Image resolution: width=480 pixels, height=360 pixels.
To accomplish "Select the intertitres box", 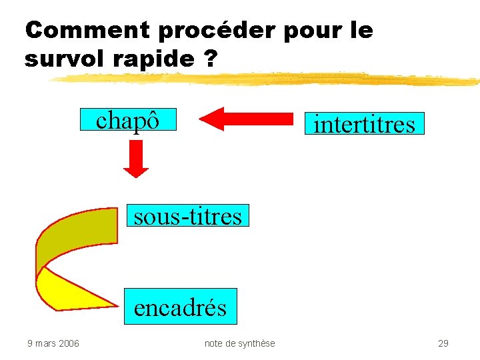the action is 364,124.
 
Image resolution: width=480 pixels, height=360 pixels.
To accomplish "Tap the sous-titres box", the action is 187,216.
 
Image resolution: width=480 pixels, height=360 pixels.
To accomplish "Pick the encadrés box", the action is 180,307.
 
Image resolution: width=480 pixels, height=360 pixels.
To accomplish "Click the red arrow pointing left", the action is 247,119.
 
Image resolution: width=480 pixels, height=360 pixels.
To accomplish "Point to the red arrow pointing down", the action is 136,160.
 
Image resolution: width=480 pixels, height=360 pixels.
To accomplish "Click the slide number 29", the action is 443,343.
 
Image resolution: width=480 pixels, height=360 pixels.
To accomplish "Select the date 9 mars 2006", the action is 53,343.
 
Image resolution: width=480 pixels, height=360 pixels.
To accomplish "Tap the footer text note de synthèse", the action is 239,343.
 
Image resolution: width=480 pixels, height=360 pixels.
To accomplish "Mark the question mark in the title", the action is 211,59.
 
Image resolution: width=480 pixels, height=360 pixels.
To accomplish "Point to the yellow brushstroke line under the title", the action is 267,79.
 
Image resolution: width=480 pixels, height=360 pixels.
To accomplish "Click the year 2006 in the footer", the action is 68,343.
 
